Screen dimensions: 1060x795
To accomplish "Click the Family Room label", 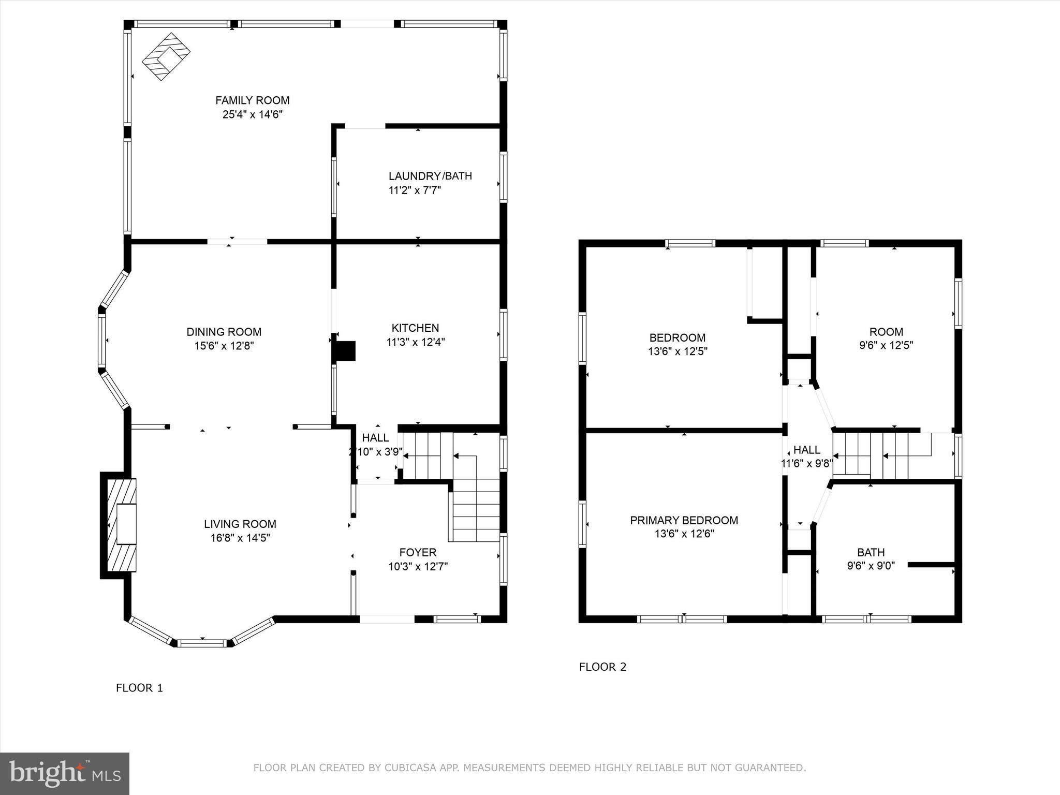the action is coord(252,100).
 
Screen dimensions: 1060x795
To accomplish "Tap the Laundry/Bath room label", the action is coord(431,176).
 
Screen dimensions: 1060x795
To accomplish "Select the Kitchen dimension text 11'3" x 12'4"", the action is coord(416,342).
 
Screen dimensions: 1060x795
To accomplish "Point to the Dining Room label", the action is coord(224,332).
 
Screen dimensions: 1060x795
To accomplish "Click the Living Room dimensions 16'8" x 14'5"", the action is coord(240,538).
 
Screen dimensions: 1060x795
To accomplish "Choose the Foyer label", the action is coord(418,552).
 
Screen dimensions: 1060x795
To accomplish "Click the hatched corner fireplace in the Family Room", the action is coord(166,56).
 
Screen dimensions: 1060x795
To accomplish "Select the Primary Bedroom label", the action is coord(684,520).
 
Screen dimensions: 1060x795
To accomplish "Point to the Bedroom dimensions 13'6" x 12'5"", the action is coord(678,351).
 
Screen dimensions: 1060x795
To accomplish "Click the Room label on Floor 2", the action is coord(886,332).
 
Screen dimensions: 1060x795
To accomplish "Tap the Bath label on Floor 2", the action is coord(871,552).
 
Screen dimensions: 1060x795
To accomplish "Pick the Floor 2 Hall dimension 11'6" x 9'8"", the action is coord(807,463).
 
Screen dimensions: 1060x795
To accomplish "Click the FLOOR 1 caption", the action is coord(139,688).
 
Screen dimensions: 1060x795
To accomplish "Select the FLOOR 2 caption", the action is coord(602,667).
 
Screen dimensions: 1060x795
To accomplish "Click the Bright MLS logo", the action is coord(65,774).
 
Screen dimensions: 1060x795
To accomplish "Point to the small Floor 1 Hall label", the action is coord(376,438).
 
